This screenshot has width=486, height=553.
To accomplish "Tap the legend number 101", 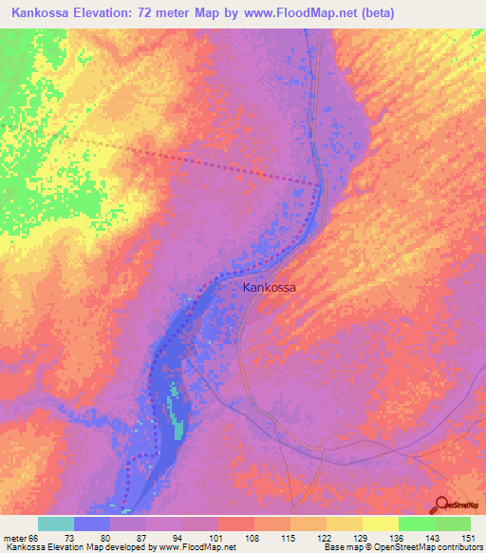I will tap(218, 539).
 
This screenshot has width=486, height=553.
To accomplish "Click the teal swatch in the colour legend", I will tap(56, 524).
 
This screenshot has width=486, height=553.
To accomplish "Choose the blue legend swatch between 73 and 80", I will tap(92, 524).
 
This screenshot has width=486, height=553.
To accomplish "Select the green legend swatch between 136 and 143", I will tap(416, 524).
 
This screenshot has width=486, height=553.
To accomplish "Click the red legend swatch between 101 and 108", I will tap(236, 524).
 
